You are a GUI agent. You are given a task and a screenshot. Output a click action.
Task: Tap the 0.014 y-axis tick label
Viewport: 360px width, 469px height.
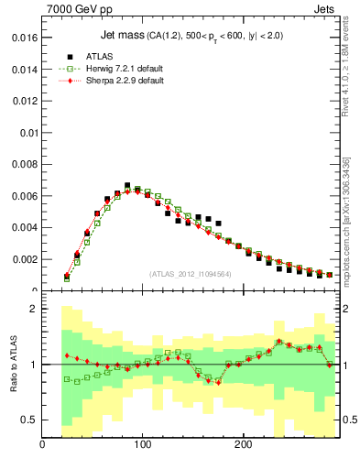pos(20,70)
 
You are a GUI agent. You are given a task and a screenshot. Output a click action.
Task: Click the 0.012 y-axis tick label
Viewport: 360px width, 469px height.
pos(20,102)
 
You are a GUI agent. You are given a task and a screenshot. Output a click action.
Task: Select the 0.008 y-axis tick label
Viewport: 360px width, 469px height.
pos(20,165)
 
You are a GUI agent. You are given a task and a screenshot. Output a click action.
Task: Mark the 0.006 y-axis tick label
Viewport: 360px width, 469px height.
pos(20,196)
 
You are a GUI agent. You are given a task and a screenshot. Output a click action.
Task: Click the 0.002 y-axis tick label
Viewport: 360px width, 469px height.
pos(20,259)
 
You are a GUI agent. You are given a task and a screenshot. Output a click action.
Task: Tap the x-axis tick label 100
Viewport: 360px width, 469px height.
pos(142,445)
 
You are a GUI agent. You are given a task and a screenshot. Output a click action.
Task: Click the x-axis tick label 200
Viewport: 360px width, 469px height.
pos(243,445)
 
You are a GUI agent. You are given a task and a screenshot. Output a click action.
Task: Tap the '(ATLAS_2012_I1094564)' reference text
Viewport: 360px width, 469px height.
pos(190,273)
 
